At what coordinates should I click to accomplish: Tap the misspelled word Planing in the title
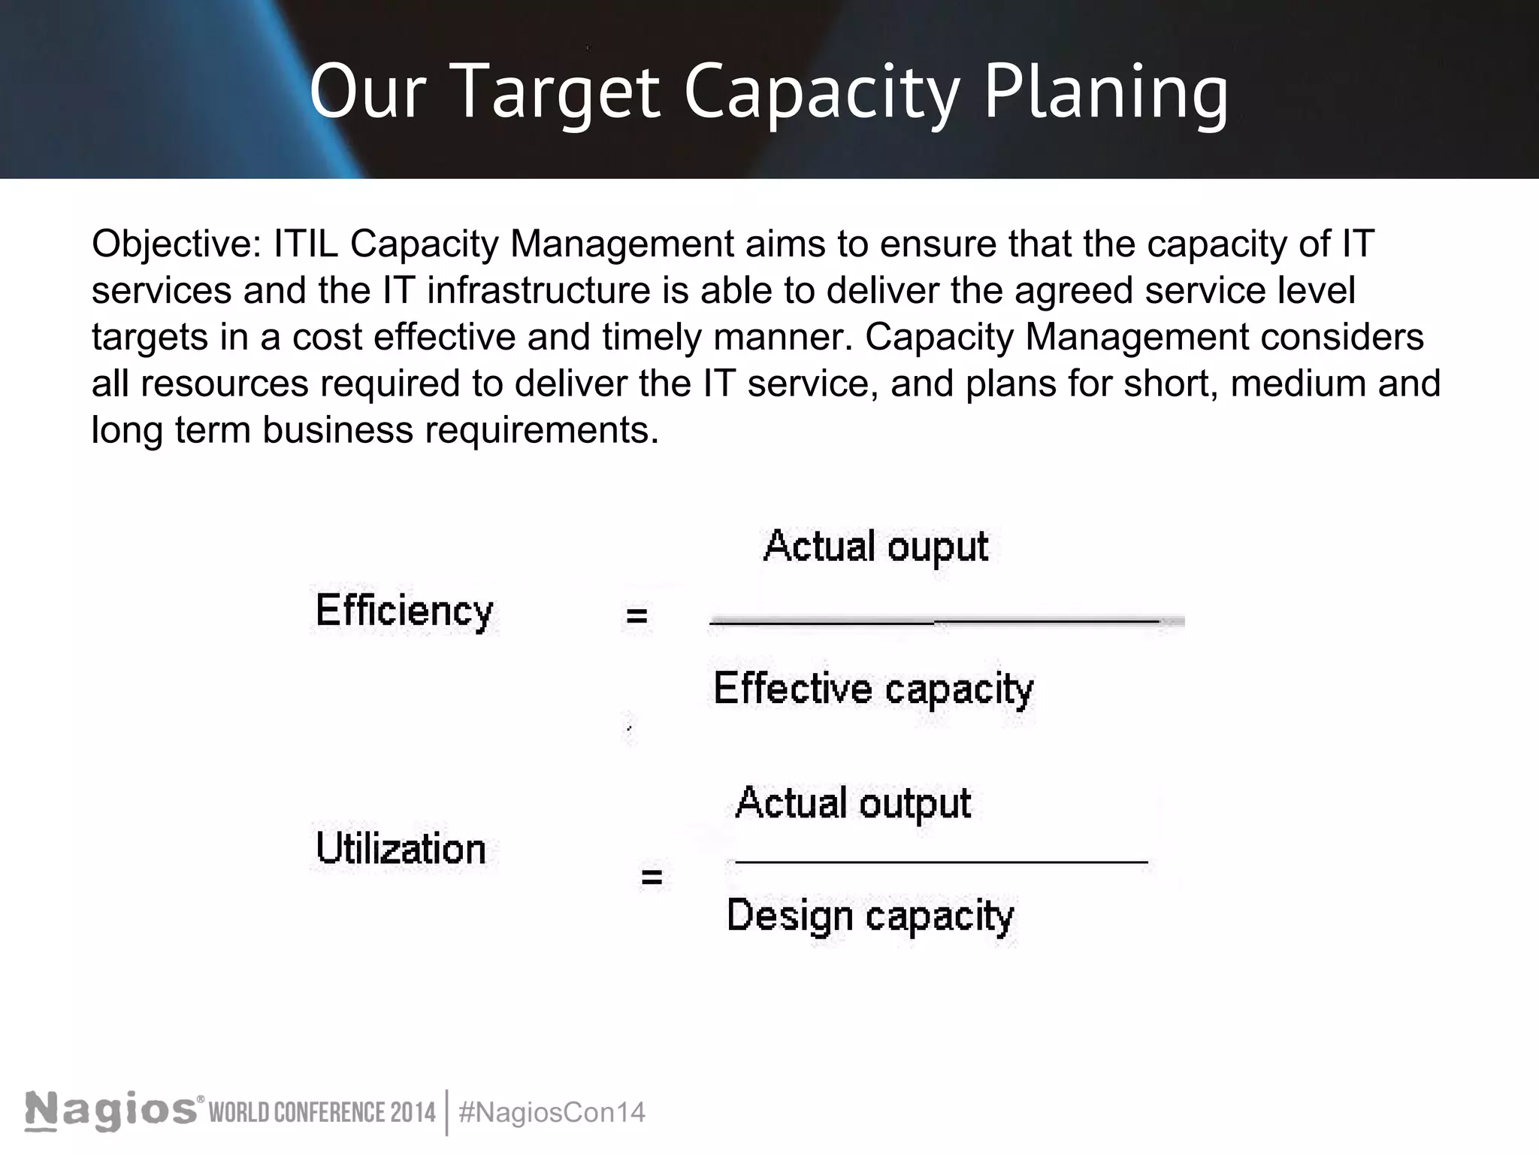point(1106,92)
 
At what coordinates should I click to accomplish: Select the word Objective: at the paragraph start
point(177,244)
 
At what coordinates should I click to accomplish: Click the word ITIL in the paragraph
point(306,244)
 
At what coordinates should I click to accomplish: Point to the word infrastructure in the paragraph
point(538,290)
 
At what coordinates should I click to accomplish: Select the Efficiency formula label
point(404,611)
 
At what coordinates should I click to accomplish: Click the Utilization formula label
point(401,850)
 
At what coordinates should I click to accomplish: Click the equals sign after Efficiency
point(636,617)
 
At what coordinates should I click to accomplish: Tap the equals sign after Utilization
point(652,877)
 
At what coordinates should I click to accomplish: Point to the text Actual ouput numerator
point(875,547)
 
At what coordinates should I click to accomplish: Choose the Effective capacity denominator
point(873,689)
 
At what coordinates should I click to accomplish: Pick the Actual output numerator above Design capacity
point(853,803)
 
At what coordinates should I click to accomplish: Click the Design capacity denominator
point(870,917)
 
